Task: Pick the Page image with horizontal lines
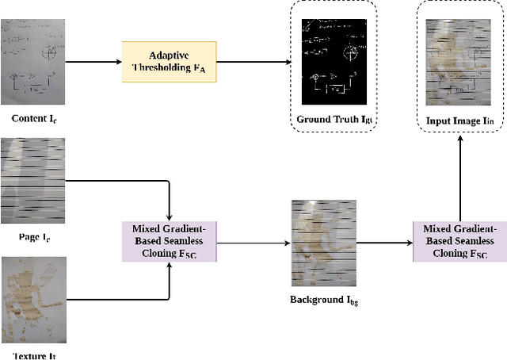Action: coord(32,181)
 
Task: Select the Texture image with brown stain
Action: coord(32,298)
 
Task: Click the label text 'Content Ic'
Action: coord(33,119)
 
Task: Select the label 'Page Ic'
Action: coord(32,236)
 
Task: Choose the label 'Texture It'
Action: coord(32,354)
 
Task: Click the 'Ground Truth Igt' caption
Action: coord(332,120)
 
